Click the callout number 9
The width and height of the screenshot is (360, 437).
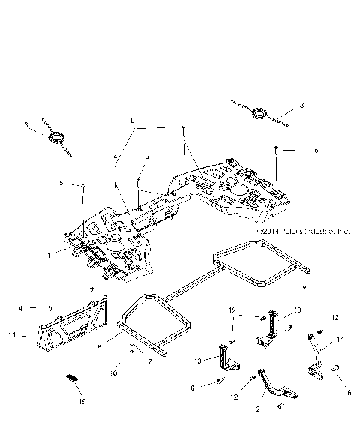point(133,120)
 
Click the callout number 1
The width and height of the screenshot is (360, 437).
point(49,255)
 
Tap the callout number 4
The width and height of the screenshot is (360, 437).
point(21,307)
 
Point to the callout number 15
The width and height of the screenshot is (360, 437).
point(83,402)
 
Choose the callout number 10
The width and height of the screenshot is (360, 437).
point(115,372)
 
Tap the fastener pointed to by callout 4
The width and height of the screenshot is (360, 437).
point(49,307)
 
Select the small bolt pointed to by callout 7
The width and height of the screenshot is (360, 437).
point(132,346)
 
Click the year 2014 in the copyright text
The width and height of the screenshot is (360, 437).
point(266,232)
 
